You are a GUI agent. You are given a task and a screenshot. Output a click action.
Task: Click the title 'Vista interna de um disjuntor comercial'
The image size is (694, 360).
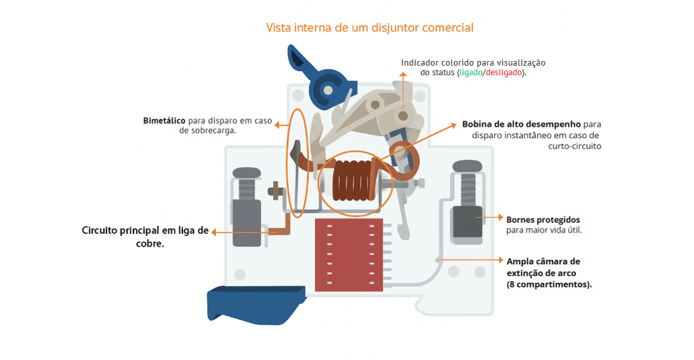click(x=369, y=28)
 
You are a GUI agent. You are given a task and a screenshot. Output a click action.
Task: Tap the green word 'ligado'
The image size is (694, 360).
click(x=470, y=73)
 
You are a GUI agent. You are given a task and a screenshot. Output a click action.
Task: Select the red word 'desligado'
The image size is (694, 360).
click(x=504, y=73)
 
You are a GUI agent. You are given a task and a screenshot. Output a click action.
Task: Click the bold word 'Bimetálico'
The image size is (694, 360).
click(x=164, y=121)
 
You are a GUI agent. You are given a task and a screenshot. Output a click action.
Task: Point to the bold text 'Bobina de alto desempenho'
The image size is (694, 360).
click(x=522, y=124)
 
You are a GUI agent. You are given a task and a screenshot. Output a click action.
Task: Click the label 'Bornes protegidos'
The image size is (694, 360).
click(x=543, y=220)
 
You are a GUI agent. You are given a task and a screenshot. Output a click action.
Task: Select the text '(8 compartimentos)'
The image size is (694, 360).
click(x=549, y=284)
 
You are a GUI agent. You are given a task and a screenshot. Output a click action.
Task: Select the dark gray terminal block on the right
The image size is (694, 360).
click(x=466, y=223)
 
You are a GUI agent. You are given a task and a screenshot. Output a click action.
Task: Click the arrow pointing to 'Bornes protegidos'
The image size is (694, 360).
click(x=491, y=218)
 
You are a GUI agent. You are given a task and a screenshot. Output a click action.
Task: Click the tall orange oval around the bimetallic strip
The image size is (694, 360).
click(x=300, y=159)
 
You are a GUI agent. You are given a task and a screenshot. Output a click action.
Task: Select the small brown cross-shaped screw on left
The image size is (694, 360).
click(x=274, y=190)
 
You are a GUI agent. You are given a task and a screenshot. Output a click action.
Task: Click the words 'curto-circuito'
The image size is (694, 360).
click(x=573, y=146)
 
